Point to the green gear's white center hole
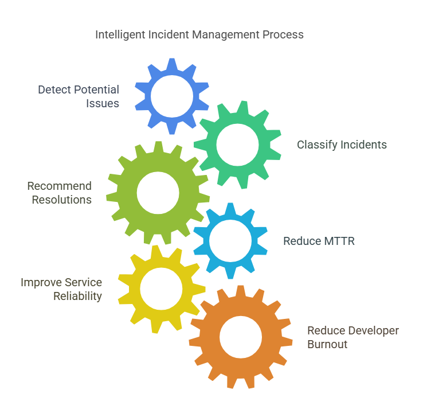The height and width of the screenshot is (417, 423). point(237,145)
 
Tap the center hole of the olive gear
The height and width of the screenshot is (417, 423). point(158,193)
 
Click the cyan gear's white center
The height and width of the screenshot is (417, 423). point(230,241)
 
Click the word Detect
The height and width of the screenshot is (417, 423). point(54,89)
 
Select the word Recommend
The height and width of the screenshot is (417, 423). point(60,186)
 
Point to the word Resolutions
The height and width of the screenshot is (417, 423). point(62,200)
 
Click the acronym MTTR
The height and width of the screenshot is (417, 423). point(339,241)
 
